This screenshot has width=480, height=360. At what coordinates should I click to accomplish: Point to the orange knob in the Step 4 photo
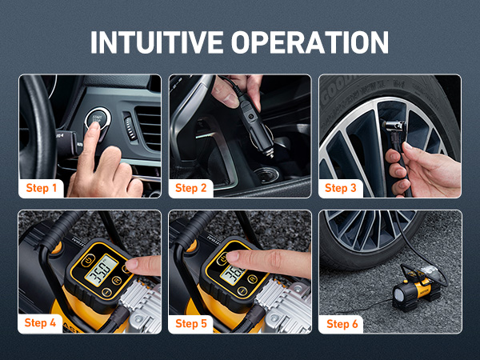tap(56, 248)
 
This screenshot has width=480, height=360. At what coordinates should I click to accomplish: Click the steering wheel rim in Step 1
tap(32, 128)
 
